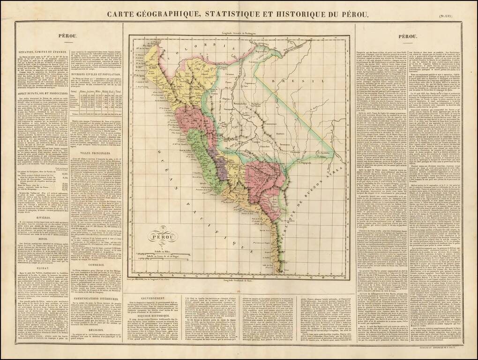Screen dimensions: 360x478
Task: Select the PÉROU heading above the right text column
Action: [x=408, y=36]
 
